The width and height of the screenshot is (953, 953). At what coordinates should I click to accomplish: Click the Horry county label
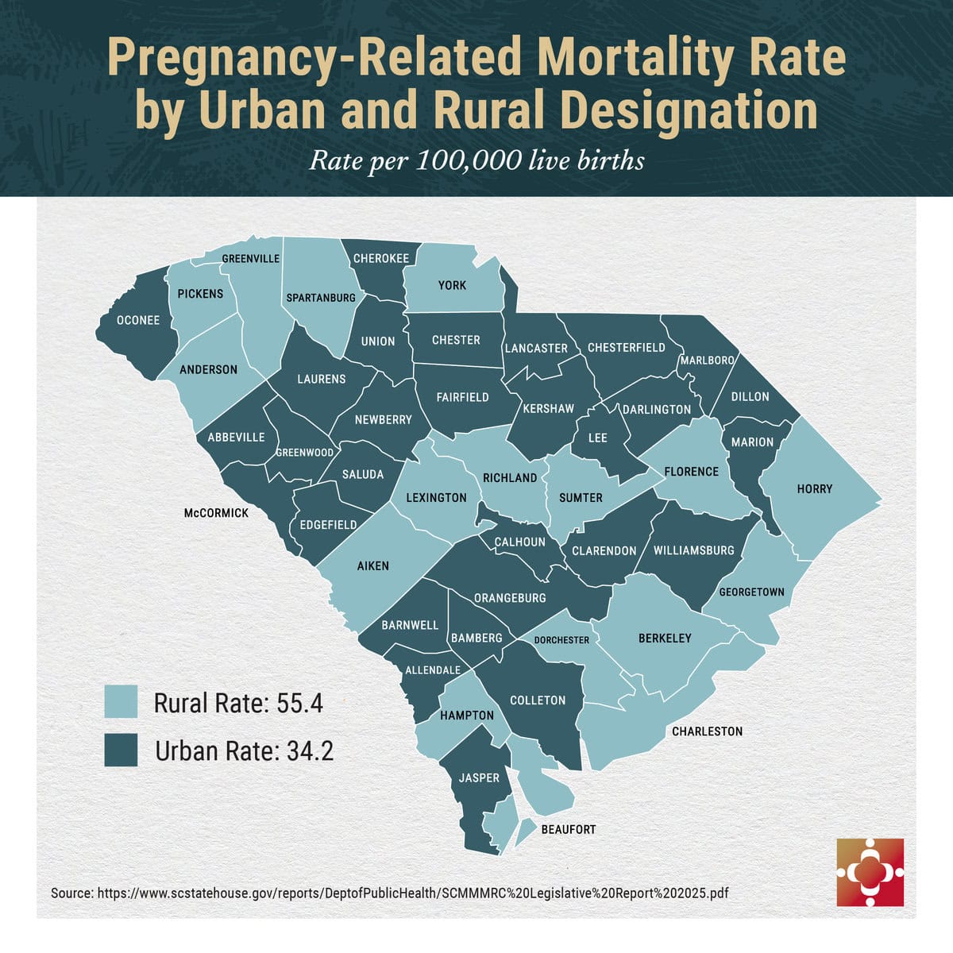pyautogui.click(x=814, y=489)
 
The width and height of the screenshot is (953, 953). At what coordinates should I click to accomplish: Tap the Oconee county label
pyautogui.click(x=138, y=321)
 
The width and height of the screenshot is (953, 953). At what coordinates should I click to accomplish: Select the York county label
pyautogui.click(x=452, y=285)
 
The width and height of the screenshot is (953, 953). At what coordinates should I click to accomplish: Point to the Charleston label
pyautogui.click(x=707, y=731)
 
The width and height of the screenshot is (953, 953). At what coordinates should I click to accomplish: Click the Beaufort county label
pyautogui.click(x=568, y=829)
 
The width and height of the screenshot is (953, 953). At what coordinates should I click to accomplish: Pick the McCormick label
pyautogui.click(x=216, y=513)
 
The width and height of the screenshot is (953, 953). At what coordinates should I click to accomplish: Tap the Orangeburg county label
pyautogui.click(x=510, y=598)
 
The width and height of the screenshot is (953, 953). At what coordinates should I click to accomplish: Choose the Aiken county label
pyautogui.click(x=372, y=566)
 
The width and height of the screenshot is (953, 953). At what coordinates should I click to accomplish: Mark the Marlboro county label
pyautogui.click(x=707, y=361)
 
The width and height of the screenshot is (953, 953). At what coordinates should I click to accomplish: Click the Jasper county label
pyautogui.click(x=479, y=777)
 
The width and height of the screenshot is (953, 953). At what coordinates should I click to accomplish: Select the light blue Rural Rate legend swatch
pyautogui.click(x=121, y=703)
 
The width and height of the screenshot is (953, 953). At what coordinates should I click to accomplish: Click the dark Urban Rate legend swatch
pyautogui.click(x=121, y=750)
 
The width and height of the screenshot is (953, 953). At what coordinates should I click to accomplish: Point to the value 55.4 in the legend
pyautogui.click(x=300, y=704)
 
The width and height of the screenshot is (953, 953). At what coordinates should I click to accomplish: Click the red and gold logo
pyautogui.click(x=870, y=872)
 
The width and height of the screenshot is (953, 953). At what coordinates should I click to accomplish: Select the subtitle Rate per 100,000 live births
pyautogui.click(x=476, y=160)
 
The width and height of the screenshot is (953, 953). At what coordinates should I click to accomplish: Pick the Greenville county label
pyautogui.click(x=250, y=259)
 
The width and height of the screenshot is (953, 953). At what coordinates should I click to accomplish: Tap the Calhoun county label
pyautogui.click(x=519, y=542)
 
